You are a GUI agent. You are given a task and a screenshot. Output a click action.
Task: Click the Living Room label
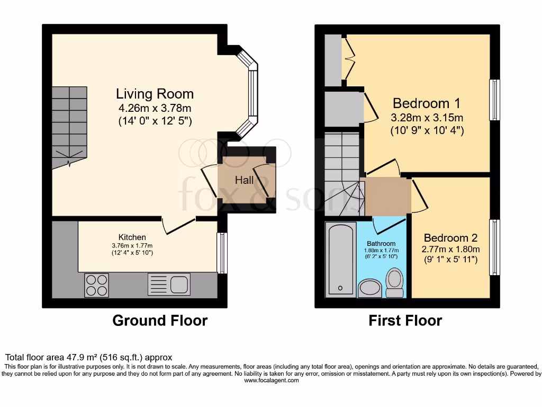(155, 94)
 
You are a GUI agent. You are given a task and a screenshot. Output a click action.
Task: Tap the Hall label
(244, 180)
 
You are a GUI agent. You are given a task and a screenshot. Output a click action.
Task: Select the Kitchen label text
(132, 237)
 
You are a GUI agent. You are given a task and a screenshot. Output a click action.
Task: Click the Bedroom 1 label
(427, 103)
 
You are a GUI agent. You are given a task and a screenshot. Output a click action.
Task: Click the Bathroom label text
(381, 244)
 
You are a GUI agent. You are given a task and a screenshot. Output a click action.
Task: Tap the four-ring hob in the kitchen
(96, 285)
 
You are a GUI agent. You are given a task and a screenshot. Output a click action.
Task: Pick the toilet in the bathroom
(394, 283)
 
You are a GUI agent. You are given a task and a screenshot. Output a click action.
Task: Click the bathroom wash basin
(369, 289)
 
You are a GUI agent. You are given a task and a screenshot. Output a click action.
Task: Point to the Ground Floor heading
(160, 321)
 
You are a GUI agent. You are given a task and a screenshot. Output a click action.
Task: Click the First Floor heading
(405, 321)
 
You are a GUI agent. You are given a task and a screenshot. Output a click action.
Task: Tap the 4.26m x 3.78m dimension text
(155, 109)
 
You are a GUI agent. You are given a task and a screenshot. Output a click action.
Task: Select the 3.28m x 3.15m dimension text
(427, 118)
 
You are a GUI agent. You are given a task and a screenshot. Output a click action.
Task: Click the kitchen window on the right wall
(222, 253)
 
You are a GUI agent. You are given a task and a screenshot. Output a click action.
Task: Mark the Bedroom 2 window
(494, 247)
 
